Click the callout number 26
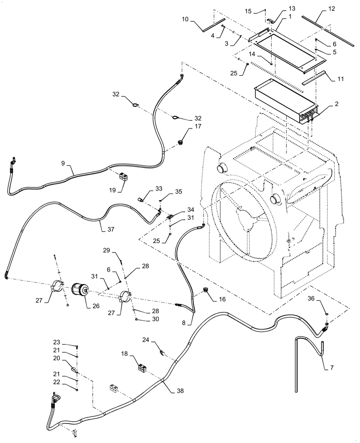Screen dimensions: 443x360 [x=95, y=306]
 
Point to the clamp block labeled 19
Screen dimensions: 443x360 [x=124, y=177]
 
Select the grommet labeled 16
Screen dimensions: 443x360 [x=206, y=290]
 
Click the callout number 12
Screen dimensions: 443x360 [x=331, y=8]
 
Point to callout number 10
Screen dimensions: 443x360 [x=185, y=19]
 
